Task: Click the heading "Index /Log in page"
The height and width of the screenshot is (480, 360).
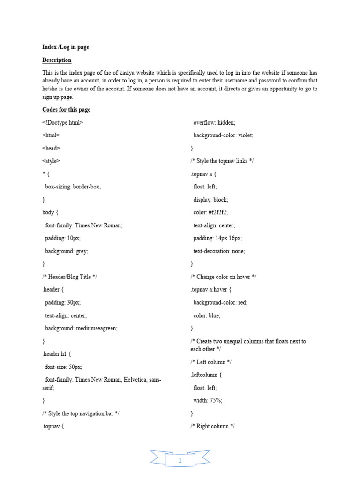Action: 66,47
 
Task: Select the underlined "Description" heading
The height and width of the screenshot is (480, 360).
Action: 57,60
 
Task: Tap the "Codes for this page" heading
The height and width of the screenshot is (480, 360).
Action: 66,109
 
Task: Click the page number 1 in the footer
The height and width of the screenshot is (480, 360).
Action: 180,461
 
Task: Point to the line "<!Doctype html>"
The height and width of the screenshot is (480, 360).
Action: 63,122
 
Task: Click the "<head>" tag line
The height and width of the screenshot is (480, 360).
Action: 51,148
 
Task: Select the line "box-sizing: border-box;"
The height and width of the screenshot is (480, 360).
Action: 73,187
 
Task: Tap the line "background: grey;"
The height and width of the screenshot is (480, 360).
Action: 67,251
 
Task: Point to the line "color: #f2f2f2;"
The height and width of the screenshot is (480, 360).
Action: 210,212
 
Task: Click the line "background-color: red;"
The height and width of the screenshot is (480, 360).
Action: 220,302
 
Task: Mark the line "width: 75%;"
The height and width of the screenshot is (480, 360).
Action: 208,400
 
